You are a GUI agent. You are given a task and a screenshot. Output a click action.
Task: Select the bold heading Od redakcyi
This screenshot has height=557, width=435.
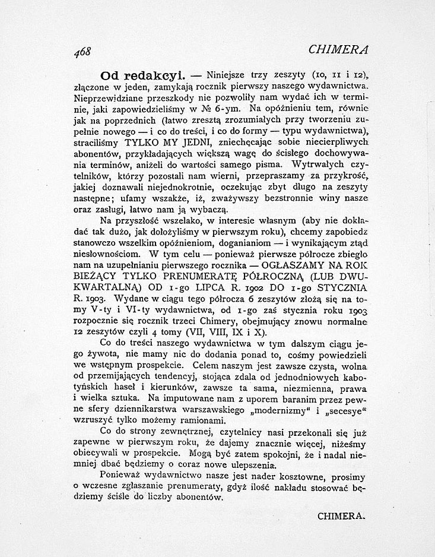point(136,76)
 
